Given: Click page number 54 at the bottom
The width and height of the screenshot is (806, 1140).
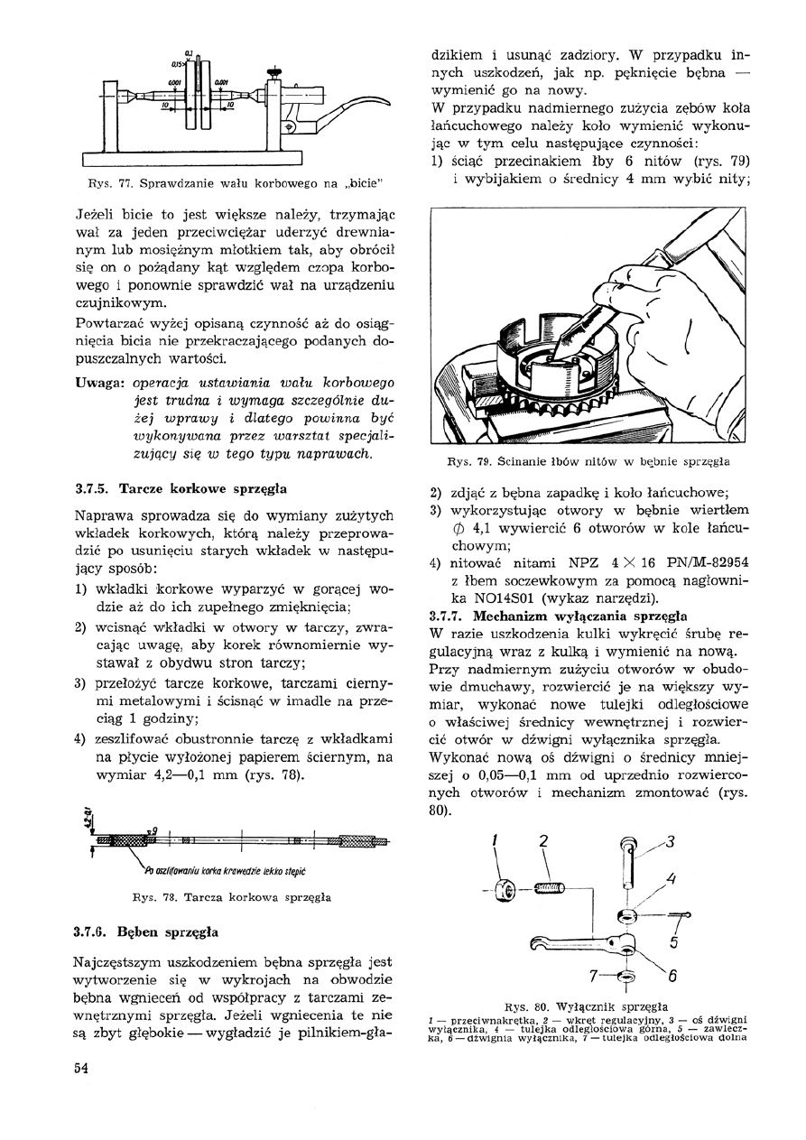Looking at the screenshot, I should pyautogui.click(x=79, y=1068).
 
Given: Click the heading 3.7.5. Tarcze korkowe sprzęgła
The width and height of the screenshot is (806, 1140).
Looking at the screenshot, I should pyautogui.click(x=181, y=489).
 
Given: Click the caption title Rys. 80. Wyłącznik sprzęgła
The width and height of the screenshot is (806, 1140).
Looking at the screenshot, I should pyautogui.click(x=587, y=1005).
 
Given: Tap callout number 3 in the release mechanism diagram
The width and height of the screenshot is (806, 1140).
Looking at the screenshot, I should pyautogui.click(x=670, y=842).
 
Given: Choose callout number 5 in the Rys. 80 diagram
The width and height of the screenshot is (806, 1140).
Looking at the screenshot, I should pyautogui.click(x=673, y=944).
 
